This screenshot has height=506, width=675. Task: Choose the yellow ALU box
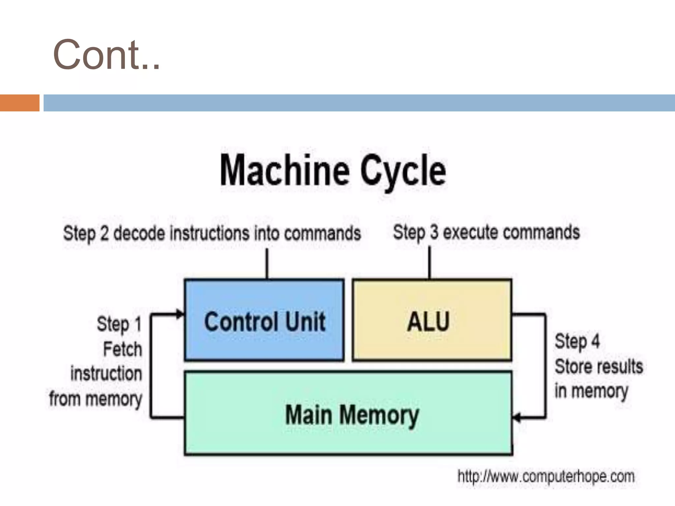coord(432,339)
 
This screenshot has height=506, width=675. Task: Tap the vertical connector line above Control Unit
coord(267,264)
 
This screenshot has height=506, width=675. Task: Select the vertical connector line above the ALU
coord(429,263)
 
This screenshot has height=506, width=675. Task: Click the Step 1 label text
coord(119,324)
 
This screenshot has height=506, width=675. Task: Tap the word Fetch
coord(122,349)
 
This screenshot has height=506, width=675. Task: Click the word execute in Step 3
coord(470,233)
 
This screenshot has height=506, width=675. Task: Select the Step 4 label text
coord(577,341)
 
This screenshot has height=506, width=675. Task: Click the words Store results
coord(599,366)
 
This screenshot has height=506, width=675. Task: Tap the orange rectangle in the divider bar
coord(19,103)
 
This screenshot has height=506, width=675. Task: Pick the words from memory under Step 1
coord(96,399)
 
